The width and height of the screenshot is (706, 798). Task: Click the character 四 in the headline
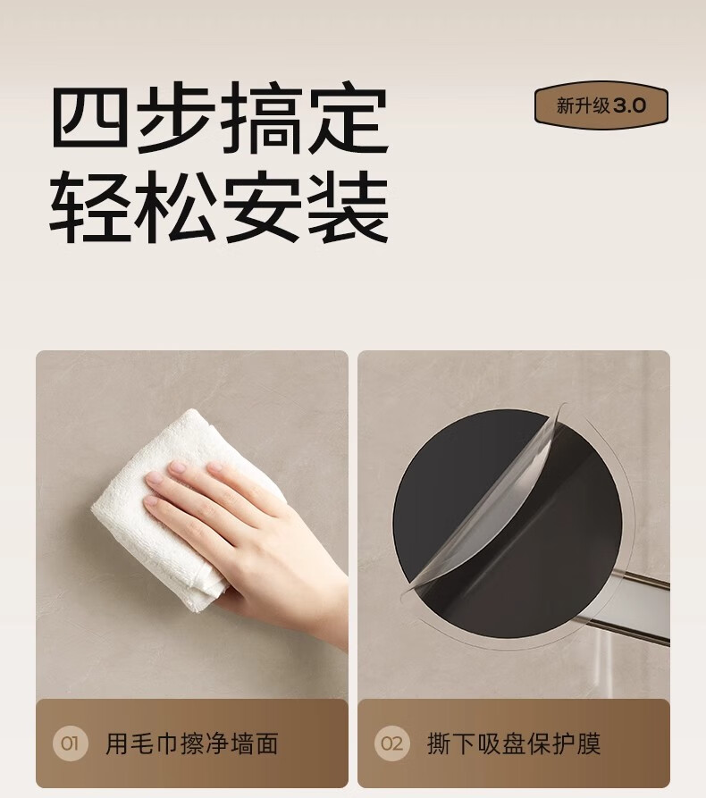[x=89, y=118]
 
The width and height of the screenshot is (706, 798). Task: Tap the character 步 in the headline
[x=174, y=118]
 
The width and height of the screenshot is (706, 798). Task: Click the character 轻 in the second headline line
[x=88, y=206]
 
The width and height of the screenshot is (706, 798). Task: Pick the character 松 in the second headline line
[x=174, y=206]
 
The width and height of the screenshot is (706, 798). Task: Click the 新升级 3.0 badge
[x=601, y=105]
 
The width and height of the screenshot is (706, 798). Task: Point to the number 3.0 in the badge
[x=630, y=105]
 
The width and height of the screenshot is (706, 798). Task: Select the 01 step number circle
[x=71, y=743]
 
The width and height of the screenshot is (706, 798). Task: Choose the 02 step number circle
[x=392, y=743]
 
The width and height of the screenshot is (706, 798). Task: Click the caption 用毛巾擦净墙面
[x=192, y=743]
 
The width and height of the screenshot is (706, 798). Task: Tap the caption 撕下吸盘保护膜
[x=514, y=743]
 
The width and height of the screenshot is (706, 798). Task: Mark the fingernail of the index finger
[x=178, y=467]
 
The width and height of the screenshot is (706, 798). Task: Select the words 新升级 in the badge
[x=583, y=105]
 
